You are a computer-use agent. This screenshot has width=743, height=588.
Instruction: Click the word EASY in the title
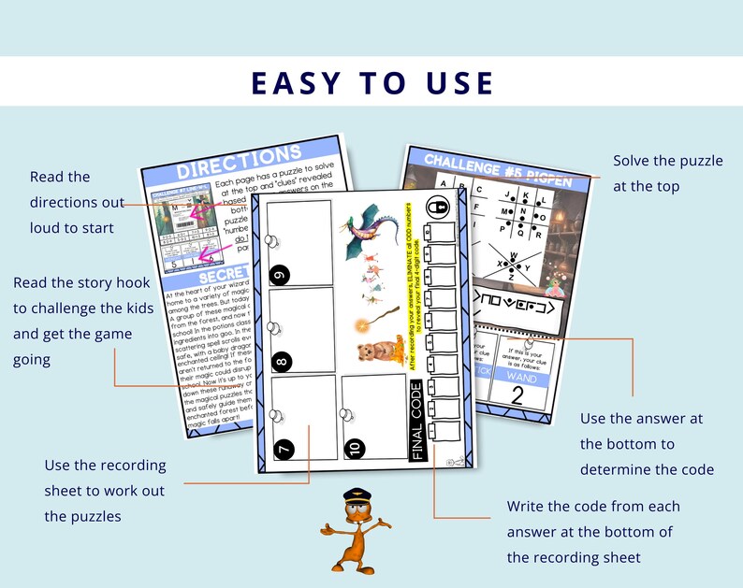294,82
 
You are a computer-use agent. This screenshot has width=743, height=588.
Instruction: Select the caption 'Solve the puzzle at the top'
667,173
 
